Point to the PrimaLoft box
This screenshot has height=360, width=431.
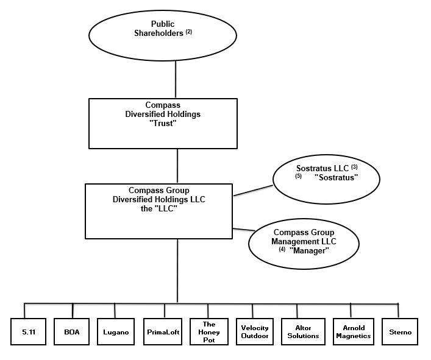[x=163, y=332]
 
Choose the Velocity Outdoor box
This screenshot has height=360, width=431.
[x=254, y=332]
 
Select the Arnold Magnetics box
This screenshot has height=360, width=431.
[x=352, y=332]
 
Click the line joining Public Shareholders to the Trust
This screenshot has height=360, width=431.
[x=176, y=76]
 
